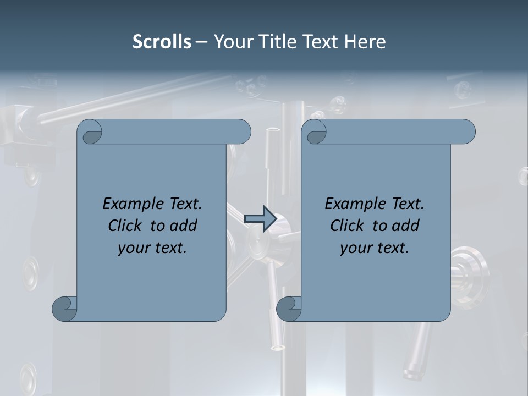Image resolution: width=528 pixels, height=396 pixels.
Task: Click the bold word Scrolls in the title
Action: click(x=162, y=42)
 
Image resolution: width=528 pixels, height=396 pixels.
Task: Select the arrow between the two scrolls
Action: click(x=260, y=218)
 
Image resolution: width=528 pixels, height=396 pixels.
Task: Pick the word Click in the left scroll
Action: click(x=125, y=226)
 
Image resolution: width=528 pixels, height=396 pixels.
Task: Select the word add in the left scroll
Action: click(x=184, y=226)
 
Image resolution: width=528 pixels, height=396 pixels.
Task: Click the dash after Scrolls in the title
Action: click(x=202, y=42)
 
